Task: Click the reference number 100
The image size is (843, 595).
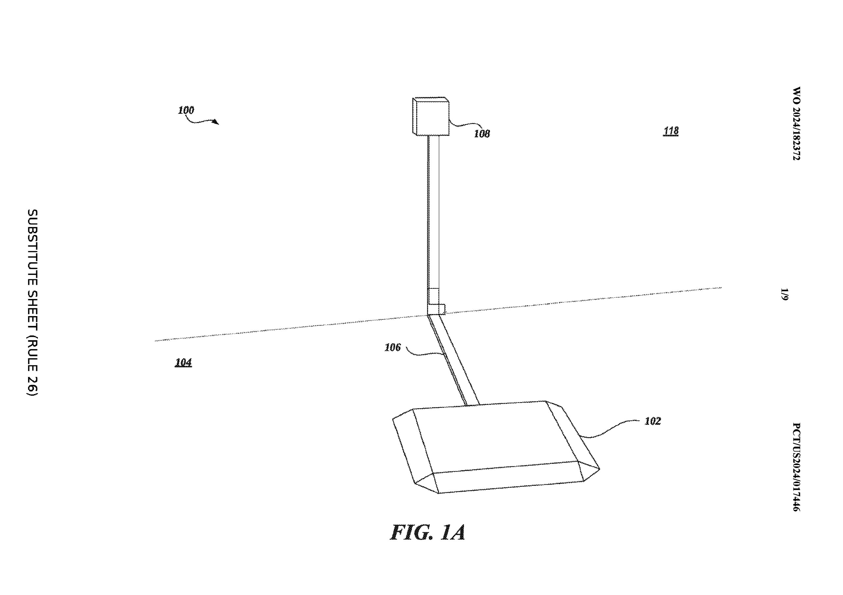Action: [186, 110]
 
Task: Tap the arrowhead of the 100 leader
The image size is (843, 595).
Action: [216, 122]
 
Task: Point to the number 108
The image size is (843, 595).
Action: [482, 134]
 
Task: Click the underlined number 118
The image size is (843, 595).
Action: [671, 131]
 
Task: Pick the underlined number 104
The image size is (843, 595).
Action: [183, 363]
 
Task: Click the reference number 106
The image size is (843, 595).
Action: [393, 347]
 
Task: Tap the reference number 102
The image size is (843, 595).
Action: [653, 421]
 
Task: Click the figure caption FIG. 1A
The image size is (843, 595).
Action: [428, 532]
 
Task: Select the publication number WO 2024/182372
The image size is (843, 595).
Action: [796, 124]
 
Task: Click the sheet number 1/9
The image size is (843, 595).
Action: [784, 295]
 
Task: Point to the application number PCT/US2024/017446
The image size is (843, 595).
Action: [796, 467]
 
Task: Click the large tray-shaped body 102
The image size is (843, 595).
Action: [496, 448]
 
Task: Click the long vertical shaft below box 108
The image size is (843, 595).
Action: [433, 224]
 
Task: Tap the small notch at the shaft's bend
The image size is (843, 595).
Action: [442, 309]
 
